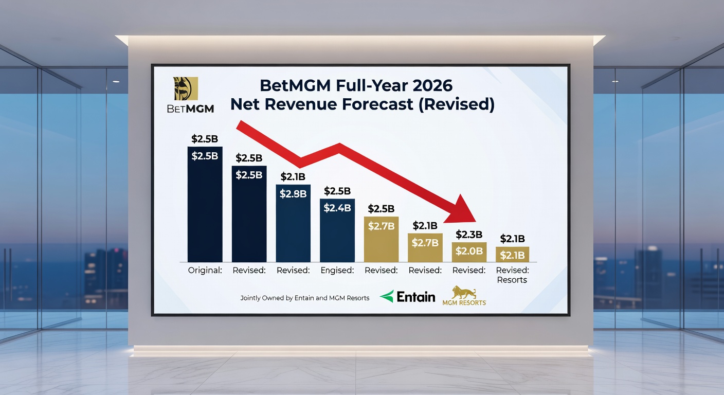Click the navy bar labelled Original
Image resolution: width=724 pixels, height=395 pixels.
click(x=205, y=206)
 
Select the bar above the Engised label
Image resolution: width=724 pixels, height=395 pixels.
click(x=337, y=231)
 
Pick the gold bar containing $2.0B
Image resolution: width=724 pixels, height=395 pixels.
click(x=469, y=252)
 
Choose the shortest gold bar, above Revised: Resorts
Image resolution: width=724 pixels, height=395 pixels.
click(x=512, y=254)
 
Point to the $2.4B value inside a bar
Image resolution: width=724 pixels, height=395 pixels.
click(x=337, y=208)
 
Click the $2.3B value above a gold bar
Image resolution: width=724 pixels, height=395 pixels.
click(x=469, y=235)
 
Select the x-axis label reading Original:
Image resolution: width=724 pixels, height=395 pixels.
click(x=205, y=270)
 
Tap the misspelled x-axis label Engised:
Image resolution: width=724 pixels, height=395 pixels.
click(x=337, y=270)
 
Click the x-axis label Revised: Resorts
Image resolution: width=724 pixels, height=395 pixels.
click(x=512, y=275)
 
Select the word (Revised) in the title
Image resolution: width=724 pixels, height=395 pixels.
click(x=456, y=104)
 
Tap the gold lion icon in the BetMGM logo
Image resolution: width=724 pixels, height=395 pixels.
click(x=186, y=88)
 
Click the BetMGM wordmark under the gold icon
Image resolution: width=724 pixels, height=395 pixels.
click(x=190, y=109)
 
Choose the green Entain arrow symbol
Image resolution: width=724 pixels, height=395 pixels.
click(x=387, y=296)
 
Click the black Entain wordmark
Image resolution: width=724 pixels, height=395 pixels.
click(x=416, y=297)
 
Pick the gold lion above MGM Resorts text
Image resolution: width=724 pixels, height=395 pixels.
click(x=463, y=292)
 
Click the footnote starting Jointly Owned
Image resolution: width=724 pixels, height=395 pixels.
click(x=304, y=298)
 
